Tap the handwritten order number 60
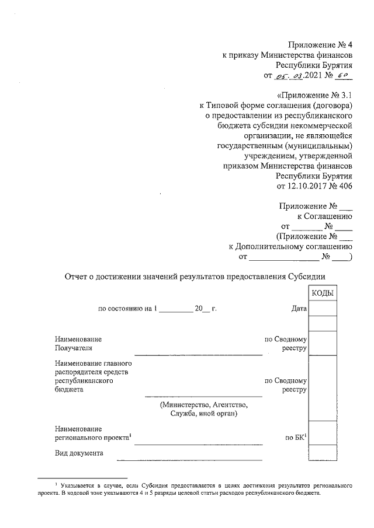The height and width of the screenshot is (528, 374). [347, 76]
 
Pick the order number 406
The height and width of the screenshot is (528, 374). [346, 186]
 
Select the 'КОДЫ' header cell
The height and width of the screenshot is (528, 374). [323, 293]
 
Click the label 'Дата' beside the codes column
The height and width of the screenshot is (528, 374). [299, 308]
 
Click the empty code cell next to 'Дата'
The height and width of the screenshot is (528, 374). [323, 308]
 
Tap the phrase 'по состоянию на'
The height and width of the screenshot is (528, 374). [126, 308]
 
